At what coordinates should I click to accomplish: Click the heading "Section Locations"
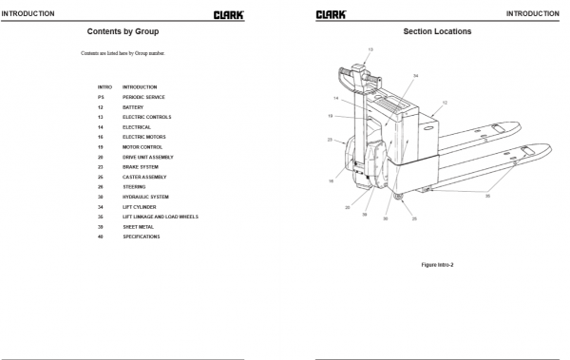[x=436, y=31]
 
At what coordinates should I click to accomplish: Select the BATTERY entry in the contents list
[x=133, y=106]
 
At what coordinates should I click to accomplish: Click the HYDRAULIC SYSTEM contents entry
[x=145, y=197]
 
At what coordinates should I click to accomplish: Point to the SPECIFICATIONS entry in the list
[x=142, y=237]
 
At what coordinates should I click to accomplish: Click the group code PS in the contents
[x=100, y=97]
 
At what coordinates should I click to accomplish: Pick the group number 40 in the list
[x=100, y=237]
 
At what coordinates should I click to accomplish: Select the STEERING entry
[x=134, y=186]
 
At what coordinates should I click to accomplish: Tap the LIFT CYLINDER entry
[x=140, y=206]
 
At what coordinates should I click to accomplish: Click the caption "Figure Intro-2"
[x=437, y=263]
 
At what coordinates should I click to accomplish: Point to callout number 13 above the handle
[x=370, y=48]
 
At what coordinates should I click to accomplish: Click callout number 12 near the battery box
[x=444, y=102]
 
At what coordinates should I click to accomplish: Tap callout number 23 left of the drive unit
[x=330, y=140]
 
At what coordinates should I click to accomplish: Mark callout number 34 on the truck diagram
[x=415, y=75]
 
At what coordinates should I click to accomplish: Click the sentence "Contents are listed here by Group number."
[x=123, y=53]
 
